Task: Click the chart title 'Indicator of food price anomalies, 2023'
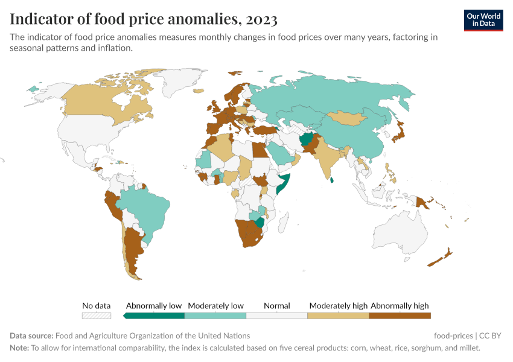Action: tap(144, 19)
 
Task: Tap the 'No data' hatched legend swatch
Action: tap(97, 315)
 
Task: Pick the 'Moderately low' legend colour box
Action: tap(215, 315)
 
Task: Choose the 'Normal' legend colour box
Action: tap(277, 315)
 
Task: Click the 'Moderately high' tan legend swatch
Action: tap(338, 315)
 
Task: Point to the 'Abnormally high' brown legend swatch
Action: tap(400, 315)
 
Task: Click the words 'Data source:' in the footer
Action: tap(31, 335)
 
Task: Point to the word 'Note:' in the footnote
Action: tap(19, 348)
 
